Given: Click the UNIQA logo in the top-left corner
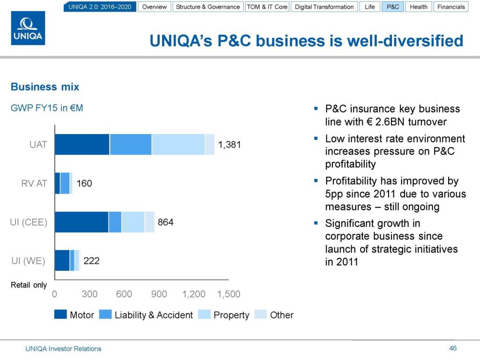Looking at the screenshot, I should [x=28, y=28].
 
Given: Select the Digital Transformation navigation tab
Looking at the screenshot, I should [x=324, y=7].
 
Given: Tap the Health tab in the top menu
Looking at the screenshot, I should [x=418, y=7].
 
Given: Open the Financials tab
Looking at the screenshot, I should [x=450, y=7].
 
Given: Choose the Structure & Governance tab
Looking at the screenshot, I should [x=208, y=7].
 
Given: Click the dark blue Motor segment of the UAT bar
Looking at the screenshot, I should [x=82, y=144].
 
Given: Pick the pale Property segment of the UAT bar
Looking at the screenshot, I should [x=178, y=144].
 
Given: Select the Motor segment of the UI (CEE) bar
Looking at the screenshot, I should [x=82, y=222].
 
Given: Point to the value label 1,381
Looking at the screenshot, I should [x=230, y=145].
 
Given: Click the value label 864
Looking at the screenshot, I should [x=165, y=222].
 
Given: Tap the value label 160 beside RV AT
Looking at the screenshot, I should [x=84, y=183].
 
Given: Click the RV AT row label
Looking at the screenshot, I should [x=34, y=183].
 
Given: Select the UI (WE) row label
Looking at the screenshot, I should [x=28, y=261].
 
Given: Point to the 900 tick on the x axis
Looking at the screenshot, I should [x=159, y=294].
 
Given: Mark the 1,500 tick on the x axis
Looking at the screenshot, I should [x=229, y=294].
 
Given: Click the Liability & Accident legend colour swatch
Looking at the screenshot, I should [x=105, y=315].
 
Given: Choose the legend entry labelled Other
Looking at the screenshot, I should [x=281, y=315].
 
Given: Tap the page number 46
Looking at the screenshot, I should [x=452, y=348].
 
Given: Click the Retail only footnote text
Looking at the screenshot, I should [x=29, y=285].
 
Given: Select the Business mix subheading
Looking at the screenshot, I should [x=45, y=87].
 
